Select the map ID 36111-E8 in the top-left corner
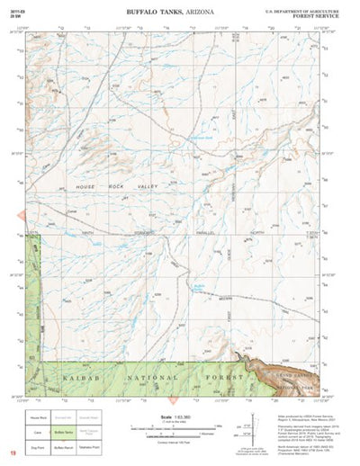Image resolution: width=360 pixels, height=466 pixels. (17, 6)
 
